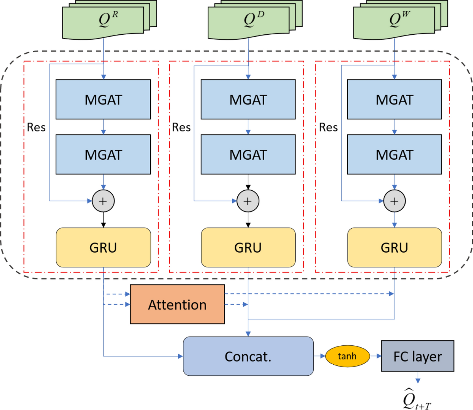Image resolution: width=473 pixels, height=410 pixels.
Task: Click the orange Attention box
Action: [177, 304]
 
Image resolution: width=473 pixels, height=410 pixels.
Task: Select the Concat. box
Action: [248, 356]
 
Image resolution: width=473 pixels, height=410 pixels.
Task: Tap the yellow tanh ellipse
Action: [347, 356]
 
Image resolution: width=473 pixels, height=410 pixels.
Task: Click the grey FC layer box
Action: [417, 356]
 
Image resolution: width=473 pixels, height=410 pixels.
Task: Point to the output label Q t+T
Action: [416, 399]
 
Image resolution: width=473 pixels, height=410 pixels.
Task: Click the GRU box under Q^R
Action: [103, 248]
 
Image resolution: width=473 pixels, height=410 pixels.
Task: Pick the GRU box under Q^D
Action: [248, 248]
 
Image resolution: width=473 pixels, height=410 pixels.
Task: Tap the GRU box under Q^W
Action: [394, 248]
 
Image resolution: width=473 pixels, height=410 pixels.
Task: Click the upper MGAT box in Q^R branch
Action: [103, 99]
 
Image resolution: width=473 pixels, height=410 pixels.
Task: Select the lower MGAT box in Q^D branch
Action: [248, 155]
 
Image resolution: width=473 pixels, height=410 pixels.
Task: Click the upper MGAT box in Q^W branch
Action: [394, 99]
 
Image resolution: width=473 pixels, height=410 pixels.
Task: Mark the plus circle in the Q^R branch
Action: [103, 201]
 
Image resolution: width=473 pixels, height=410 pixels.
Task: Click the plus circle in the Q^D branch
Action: [248, 201]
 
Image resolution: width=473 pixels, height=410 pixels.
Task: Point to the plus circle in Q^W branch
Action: [394, 201]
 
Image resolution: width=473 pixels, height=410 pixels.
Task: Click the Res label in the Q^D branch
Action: [181, 127]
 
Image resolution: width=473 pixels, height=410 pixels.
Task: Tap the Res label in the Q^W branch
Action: [328, 127]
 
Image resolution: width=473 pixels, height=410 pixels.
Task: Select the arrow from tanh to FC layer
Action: [376, 356]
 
